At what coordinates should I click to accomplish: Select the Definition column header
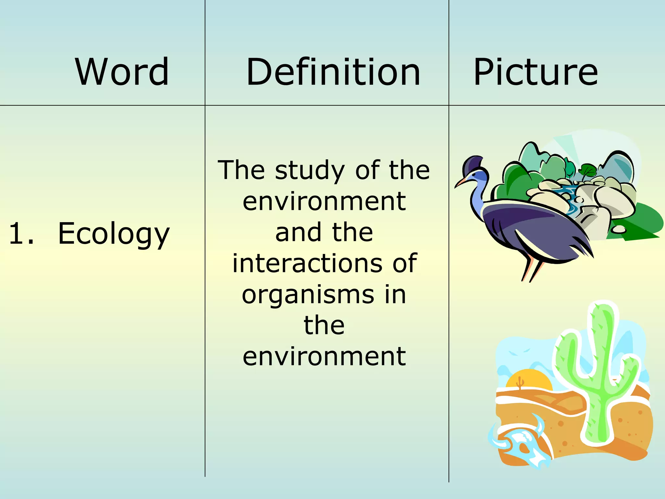(x=333, y=72)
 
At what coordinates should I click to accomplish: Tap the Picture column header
(x=535, y=72)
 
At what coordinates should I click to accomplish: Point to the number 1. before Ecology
(x=21, y=234)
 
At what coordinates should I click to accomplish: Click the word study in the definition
(x=309, y=171)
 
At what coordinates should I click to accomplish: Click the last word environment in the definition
(x=324, y=356)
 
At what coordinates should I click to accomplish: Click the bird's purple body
(x=533, y=227)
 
